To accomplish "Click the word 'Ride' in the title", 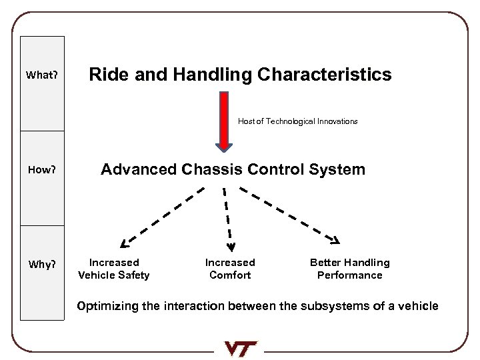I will click(107, 75).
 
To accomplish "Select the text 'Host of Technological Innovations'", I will click(297, 121).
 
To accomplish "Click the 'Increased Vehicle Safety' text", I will click(114, 269).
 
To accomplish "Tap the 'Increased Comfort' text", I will click(230, 269).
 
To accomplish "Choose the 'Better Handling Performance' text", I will click(349, 269).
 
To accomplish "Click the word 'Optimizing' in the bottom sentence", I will click(109, 307).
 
